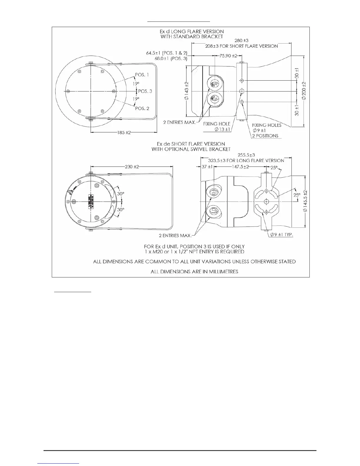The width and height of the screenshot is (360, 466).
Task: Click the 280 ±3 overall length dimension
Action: click(241, 40)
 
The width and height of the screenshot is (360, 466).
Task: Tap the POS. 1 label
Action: click(142, 75)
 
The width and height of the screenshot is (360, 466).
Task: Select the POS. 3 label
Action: click(145, 91)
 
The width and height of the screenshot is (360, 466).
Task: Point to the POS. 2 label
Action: click(142, 108)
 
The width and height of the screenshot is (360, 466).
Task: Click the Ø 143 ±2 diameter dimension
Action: click(186, 91)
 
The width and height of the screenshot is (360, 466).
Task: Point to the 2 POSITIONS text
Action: click(265, 136)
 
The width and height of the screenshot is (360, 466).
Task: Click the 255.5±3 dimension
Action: click(246, 155)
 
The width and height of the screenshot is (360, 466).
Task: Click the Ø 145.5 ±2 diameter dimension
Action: click(306, 202)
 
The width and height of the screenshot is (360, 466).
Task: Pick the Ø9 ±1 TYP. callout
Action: click(282, 235)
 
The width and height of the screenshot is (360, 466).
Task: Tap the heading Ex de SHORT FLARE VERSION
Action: click(191, 144)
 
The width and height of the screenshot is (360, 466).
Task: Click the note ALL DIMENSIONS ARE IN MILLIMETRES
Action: click(194, 272)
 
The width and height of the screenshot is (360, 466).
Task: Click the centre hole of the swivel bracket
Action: click(266, 202)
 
